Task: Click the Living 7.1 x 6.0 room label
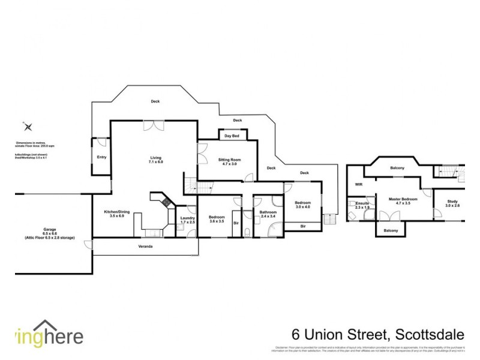click(156, 160)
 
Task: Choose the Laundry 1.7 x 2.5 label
click(188, 220)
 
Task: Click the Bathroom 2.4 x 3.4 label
click(268, 214)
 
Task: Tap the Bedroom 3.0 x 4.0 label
click(303, 205)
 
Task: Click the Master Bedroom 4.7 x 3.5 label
click(403, 201)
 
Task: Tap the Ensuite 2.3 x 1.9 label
click(362, 206)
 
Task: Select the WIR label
click(359, 185)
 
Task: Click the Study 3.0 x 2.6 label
click(452, 203)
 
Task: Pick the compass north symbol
click(27, 127)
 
